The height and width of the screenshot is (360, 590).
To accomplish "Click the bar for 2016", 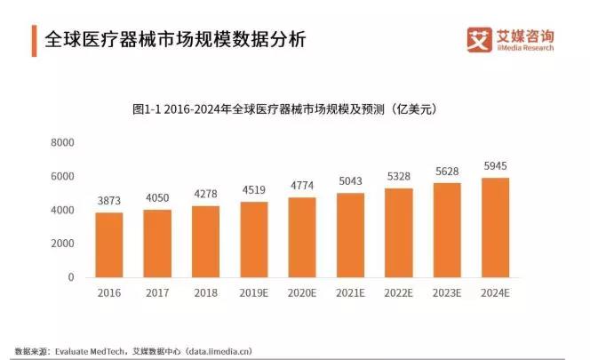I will click(108, 244).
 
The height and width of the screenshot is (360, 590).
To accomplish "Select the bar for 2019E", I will click(254, 239).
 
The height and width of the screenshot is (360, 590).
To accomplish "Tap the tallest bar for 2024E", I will click(495, 228).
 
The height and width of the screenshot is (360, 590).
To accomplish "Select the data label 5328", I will click(399, 179).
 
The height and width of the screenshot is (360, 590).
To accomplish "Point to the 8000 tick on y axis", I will click(62, 142).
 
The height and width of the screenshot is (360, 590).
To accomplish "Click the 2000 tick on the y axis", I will click(62, 244).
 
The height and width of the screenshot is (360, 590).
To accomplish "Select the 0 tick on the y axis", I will click(70, 277).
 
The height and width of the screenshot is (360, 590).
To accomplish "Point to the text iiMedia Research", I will click(524, 49).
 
